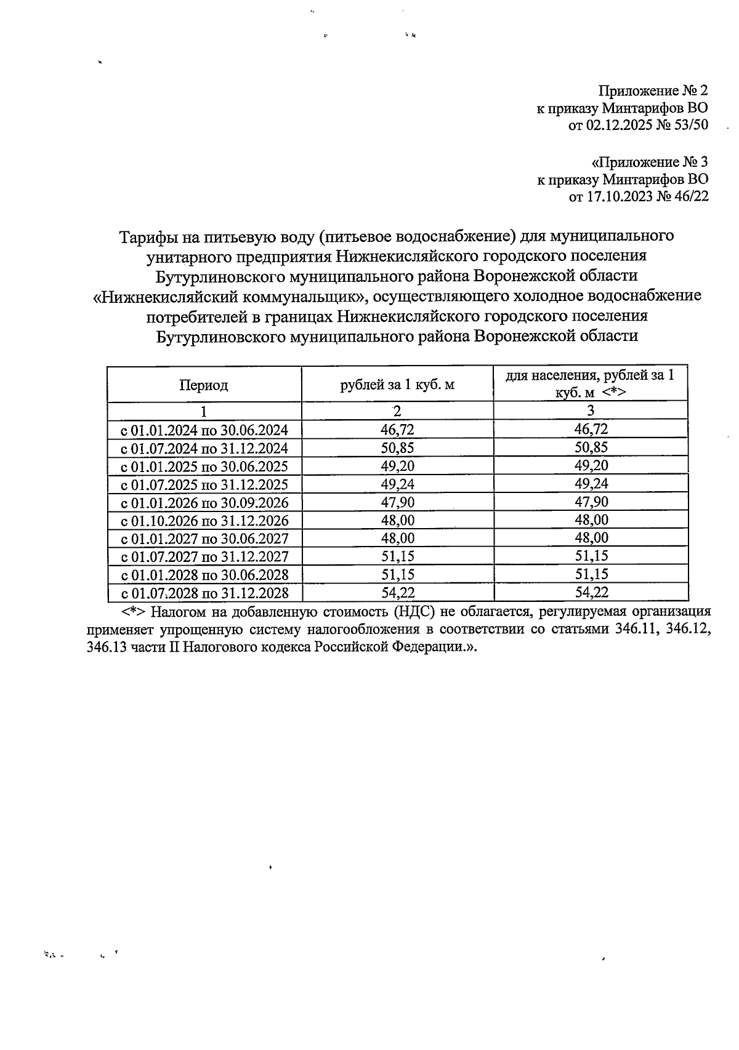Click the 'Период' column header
[204, 386]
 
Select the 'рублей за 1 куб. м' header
[397, 386]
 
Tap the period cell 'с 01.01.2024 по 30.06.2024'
[204, 430]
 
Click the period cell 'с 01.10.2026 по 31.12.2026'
[204, 521]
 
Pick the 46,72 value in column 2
[397, 430]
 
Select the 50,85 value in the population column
[591, 447]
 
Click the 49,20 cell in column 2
[397, 466]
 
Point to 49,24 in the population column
[591, 484]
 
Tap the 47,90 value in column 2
[397, 502]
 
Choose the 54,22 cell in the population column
[591, 593]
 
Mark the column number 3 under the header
[591, 411]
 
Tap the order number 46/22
[692, 197]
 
